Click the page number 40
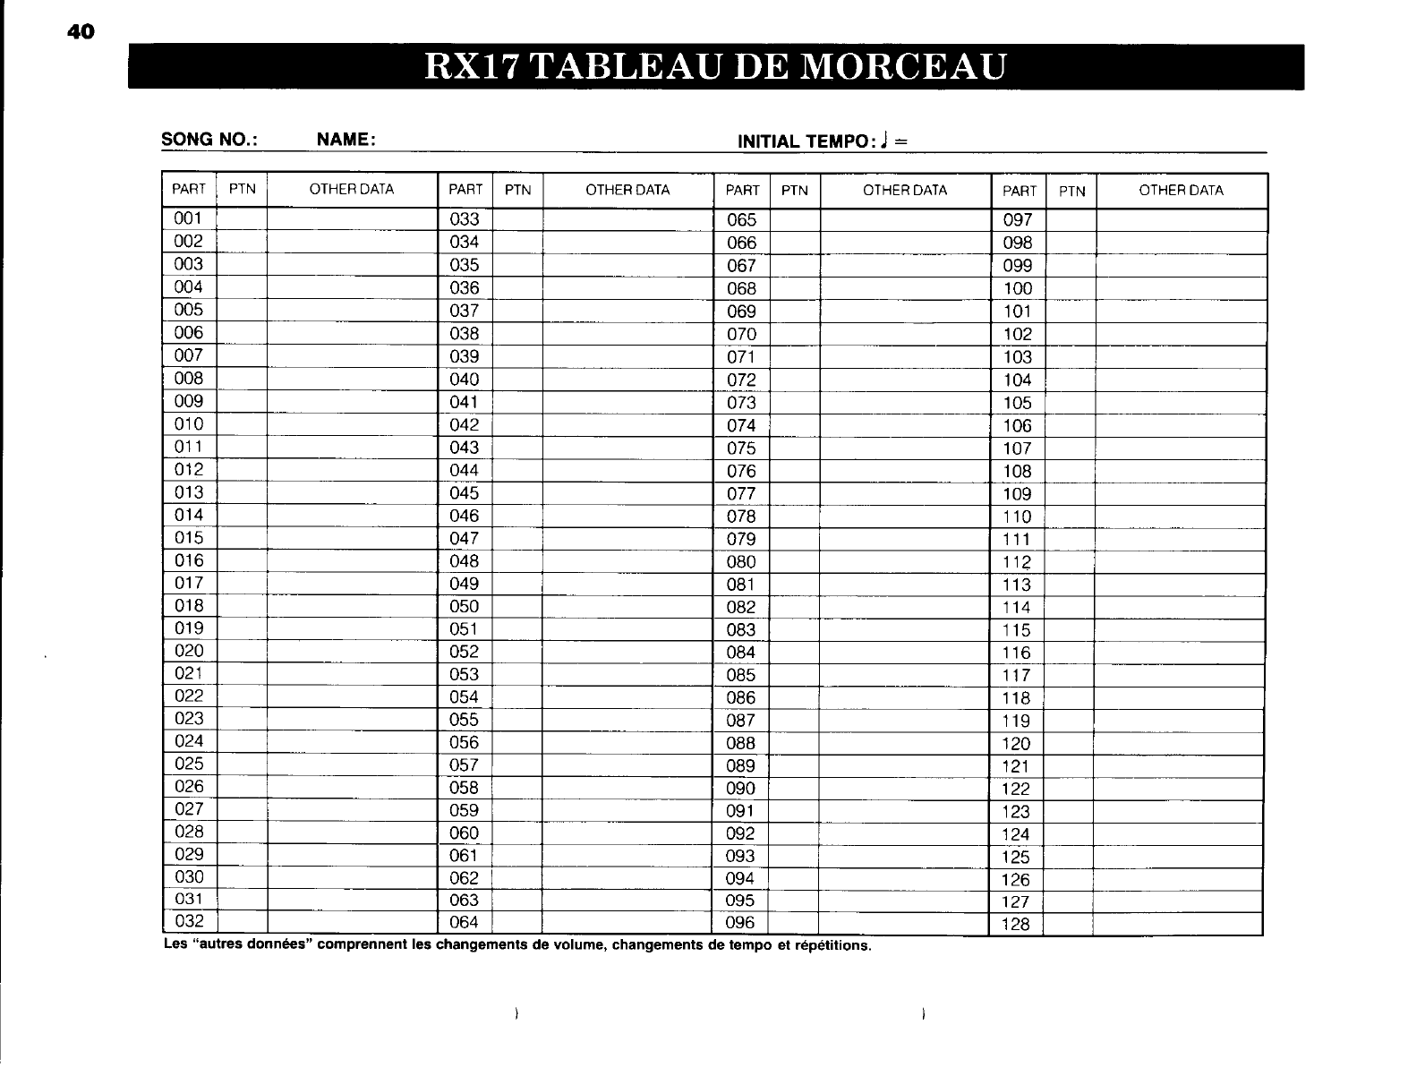coord(80,32)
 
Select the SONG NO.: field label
coord(210,140)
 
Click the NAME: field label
coord(346,140)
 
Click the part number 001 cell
coord(189,218)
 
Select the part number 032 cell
coord(189,921)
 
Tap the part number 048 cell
coord(465,561)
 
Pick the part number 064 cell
coord(465,922)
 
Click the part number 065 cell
coord(741,220)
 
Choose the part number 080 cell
coord(741,562)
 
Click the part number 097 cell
coord(1018,220)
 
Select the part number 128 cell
coord(1016,925)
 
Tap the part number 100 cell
coord(1018,288)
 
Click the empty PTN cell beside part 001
coord(242,218)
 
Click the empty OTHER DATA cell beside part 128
coord(1177,924)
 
